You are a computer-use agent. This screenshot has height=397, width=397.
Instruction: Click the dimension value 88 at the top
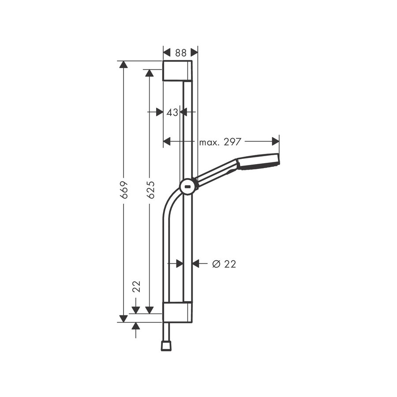pos(180,52)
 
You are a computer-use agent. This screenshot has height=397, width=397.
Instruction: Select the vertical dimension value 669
pos(124,189)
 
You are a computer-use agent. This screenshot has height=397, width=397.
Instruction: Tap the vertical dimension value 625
pos(151,189)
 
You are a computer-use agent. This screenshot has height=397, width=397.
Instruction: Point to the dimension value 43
pos(172,112)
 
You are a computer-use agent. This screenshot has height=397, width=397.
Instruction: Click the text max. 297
pos(220,142)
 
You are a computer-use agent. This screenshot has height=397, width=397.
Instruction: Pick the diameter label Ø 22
pos(224,264)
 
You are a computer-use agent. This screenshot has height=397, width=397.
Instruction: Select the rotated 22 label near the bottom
pos(136,287)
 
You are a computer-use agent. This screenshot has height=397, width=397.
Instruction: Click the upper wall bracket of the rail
pos(177,71)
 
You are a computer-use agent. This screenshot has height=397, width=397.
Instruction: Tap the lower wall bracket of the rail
pos(177,312)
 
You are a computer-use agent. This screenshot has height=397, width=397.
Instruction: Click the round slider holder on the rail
pos(188,187)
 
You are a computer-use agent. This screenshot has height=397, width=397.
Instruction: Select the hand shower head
pos(258,162)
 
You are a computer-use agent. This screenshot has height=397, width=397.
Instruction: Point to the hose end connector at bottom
pos(166,345)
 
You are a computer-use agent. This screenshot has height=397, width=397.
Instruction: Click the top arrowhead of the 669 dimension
pos(124,64)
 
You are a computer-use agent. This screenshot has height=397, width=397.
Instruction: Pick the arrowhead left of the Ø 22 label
pos(196,264)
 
